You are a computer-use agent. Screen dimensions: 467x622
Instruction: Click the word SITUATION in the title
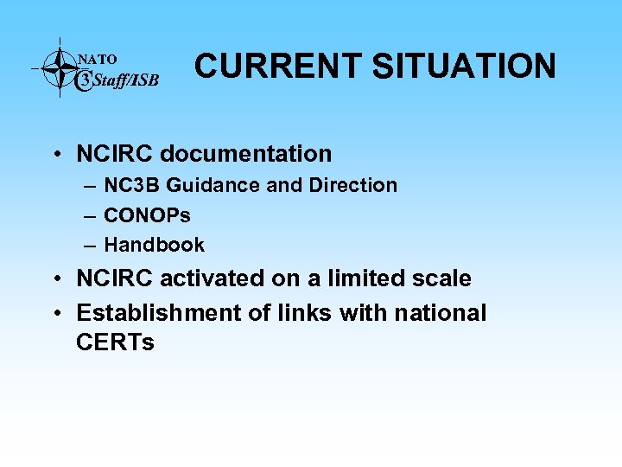click(465, 66)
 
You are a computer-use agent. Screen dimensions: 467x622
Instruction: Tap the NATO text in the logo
click(98, 60)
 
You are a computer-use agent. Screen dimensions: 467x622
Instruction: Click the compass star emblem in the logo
click(59, 67)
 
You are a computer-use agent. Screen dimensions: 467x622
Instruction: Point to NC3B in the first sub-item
click(133, 185)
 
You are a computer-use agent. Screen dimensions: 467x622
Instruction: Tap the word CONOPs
click(147, 214)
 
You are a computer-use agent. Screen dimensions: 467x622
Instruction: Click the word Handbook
click(154, 245)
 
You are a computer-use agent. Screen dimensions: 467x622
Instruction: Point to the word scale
click(441, 278)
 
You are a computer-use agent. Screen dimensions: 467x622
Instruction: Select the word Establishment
click(159, 312)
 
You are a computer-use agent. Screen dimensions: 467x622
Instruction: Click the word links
click(302, 312)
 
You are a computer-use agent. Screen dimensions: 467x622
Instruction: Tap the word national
click(441, 312)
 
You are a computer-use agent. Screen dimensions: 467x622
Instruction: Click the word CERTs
click(115, 342)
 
